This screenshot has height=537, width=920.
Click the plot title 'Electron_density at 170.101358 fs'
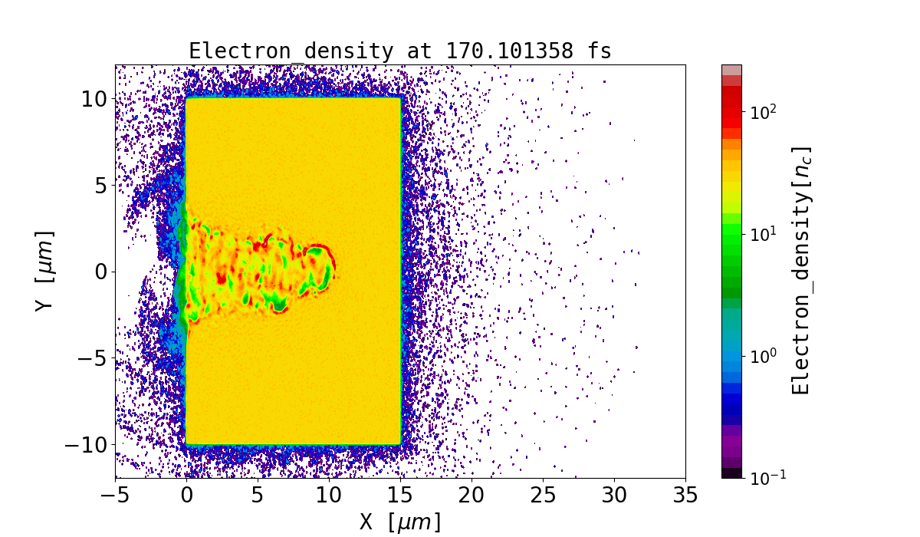click(399, 51)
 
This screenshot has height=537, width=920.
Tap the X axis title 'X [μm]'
click(400, 522)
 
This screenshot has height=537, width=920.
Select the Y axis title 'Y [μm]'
click(44, 271)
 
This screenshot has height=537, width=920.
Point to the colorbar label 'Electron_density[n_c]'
click(800, 270)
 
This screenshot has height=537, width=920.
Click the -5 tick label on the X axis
click(116, 496)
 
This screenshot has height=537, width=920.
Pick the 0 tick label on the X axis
click(186, 496)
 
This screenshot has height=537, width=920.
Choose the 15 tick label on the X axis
click(400, 496)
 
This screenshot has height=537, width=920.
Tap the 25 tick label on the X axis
click(543, 496)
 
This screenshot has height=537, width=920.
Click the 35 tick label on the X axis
click(685, 496)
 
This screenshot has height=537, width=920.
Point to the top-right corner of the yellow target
click(399, 98)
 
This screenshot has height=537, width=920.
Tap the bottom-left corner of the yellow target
click(187, 443)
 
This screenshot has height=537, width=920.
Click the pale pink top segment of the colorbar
click(731, 69)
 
